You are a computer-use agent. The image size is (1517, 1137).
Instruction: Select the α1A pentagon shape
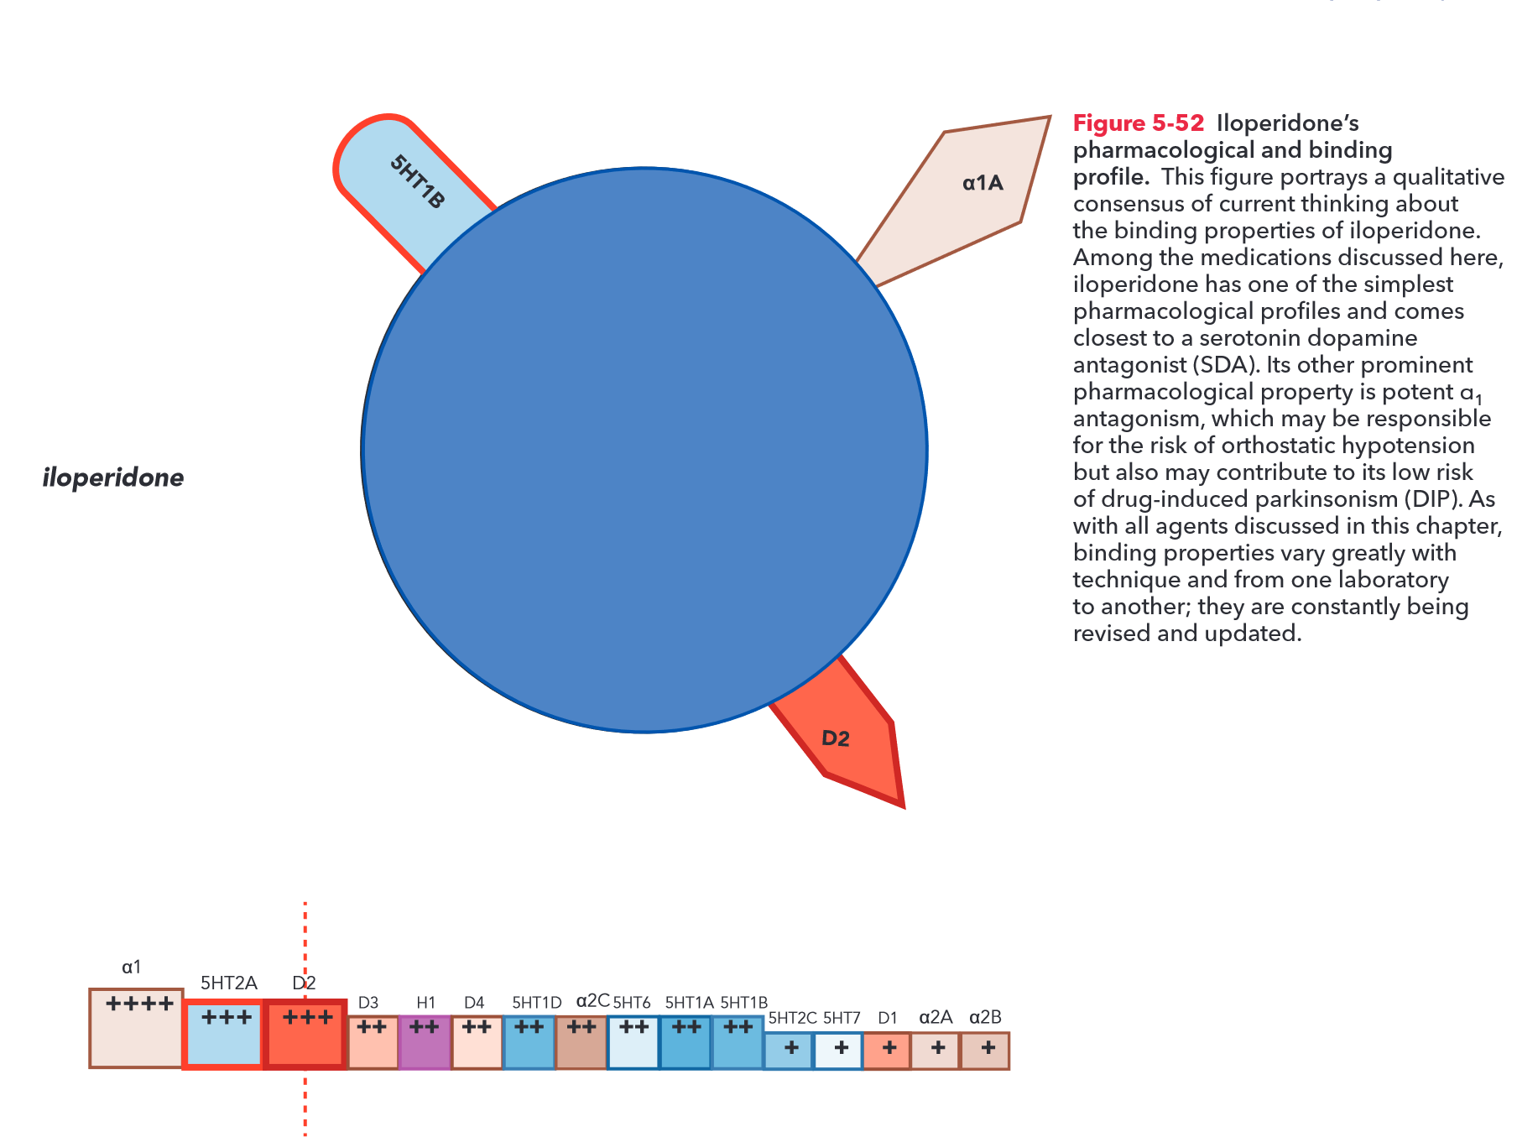[x=965, y=201]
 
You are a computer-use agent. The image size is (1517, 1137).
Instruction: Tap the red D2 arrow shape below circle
[x=847, y=738]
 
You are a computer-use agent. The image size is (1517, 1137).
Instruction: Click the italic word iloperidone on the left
[x=113, y=477]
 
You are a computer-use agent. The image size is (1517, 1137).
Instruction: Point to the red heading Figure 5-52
[x=1139, y=123]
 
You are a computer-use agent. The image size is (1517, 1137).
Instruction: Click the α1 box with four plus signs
[x=137, y=1028]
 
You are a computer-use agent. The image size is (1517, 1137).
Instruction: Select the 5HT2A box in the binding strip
[x=224, y=1034]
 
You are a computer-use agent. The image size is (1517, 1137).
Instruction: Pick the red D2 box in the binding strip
[x=305, y=1034]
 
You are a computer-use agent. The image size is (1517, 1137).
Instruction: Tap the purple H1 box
[x=425, y=1042]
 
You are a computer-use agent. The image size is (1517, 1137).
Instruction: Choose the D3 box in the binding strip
[x=373, y=1042]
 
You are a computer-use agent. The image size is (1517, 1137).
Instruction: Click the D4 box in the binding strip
[x=477, y=1042]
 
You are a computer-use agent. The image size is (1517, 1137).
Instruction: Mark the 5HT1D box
[x=529, y=1042]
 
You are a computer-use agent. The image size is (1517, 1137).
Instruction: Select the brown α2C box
[x=581, y=1042]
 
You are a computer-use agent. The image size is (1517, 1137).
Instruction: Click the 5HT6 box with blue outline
[x=633, y=1042]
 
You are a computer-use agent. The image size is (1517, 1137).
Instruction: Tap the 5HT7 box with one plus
[x=839, y=1051]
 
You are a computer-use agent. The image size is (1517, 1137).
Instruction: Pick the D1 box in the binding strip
[x=888, y=1051]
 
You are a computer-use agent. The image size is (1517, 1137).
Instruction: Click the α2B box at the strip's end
[x=985, y=1051]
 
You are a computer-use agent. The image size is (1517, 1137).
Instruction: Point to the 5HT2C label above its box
[x=792, y=1018]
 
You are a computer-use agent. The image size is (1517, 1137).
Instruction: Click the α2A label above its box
[x=936, y=1018]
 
